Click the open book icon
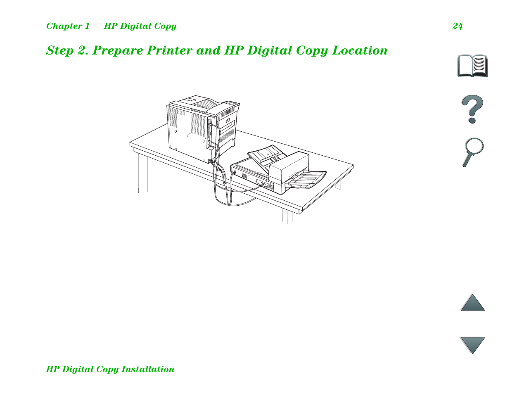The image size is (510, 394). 472,66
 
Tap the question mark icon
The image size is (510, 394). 472,109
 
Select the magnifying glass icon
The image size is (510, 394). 472,152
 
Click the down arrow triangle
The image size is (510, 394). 472,344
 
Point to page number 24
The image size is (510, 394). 458,26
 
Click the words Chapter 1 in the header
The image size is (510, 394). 68,26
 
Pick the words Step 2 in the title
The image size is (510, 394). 66,50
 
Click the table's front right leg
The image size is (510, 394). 287,216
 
